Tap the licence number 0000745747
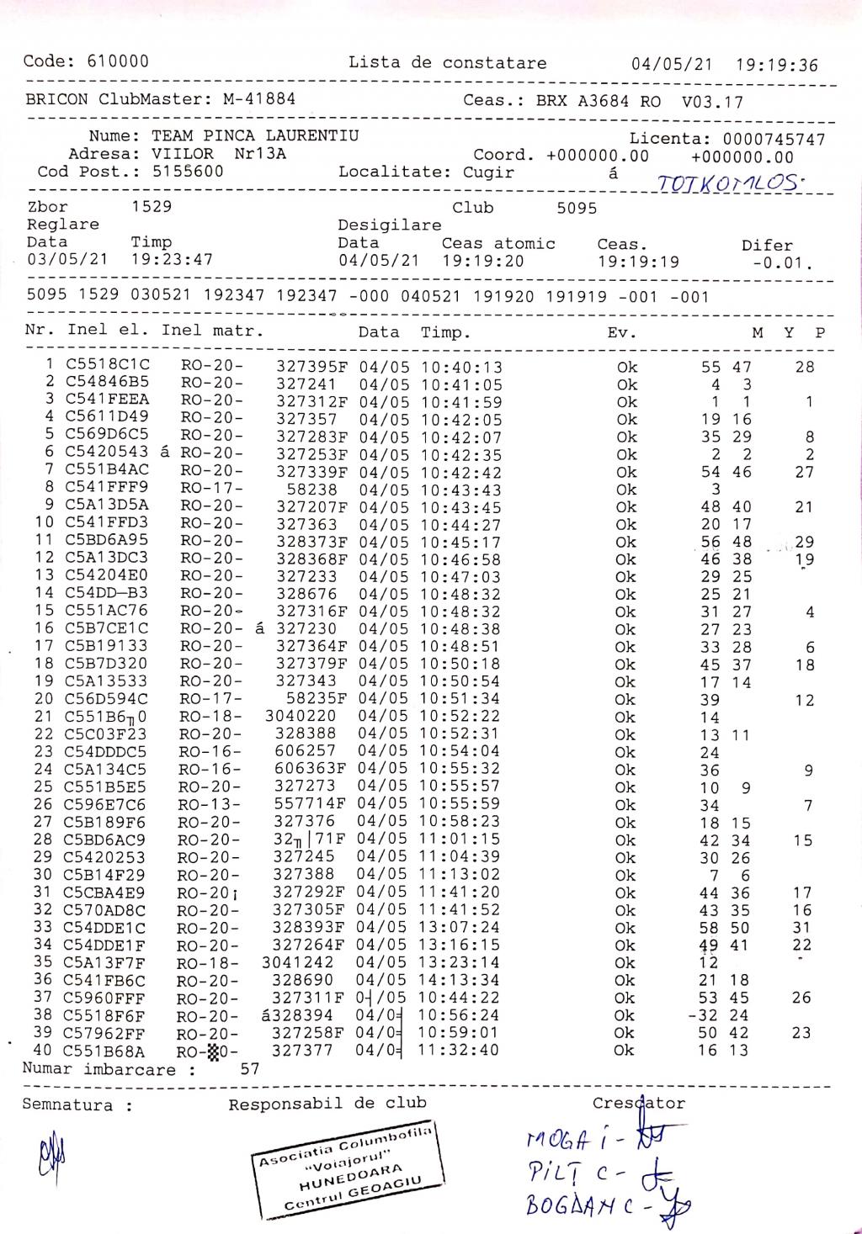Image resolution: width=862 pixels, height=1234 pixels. coord(774,140)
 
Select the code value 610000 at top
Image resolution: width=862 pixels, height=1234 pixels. coord(117,61)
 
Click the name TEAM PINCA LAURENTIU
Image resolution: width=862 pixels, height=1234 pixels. coord(255,135)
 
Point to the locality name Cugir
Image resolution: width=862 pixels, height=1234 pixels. coord(489,172)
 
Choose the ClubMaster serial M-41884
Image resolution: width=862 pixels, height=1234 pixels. coord(258,99)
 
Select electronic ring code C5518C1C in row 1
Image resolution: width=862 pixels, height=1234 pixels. coord(108,366)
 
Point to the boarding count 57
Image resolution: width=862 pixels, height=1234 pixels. coord(249,1070)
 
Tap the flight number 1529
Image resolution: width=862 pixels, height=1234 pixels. coord(152,207)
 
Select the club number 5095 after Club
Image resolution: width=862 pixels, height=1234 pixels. coord(577,208)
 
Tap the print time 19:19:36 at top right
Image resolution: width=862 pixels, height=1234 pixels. coord(776,65)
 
